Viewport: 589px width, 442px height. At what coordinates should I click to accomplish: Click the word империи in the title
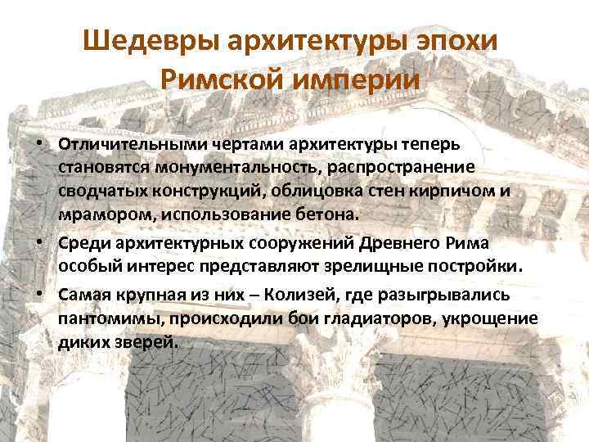[363, 81]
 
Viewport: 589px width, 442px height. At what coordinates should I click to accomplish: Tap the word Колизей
[253, 294]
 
